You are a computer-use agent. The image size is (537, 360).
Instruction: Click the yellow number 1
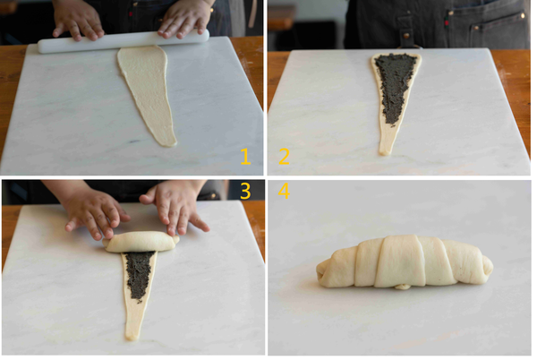245,157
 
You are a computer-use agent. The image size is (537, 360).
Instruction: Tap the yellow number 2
284,157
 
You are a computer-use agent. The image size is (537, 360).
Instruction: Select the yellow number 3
245,191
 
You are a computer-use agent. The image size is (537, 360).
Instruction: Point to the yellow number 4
284,191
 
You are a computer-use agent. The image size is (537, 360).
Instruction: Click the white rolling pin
124,41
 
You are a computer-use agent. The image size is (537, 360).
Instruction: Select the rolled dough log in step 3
141,242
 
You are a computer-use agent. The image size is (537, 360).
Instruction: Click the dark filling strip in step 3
140,275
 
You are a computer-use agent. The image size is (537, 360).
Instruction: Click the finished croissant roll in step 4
405,262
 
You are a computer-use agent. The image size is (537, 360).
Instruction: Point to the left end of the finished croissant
319,272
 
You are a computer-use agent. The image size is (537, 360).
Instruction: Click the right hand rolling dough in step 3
175,207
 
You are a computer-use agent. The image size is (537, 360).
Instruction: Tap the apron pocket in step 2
499,31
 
